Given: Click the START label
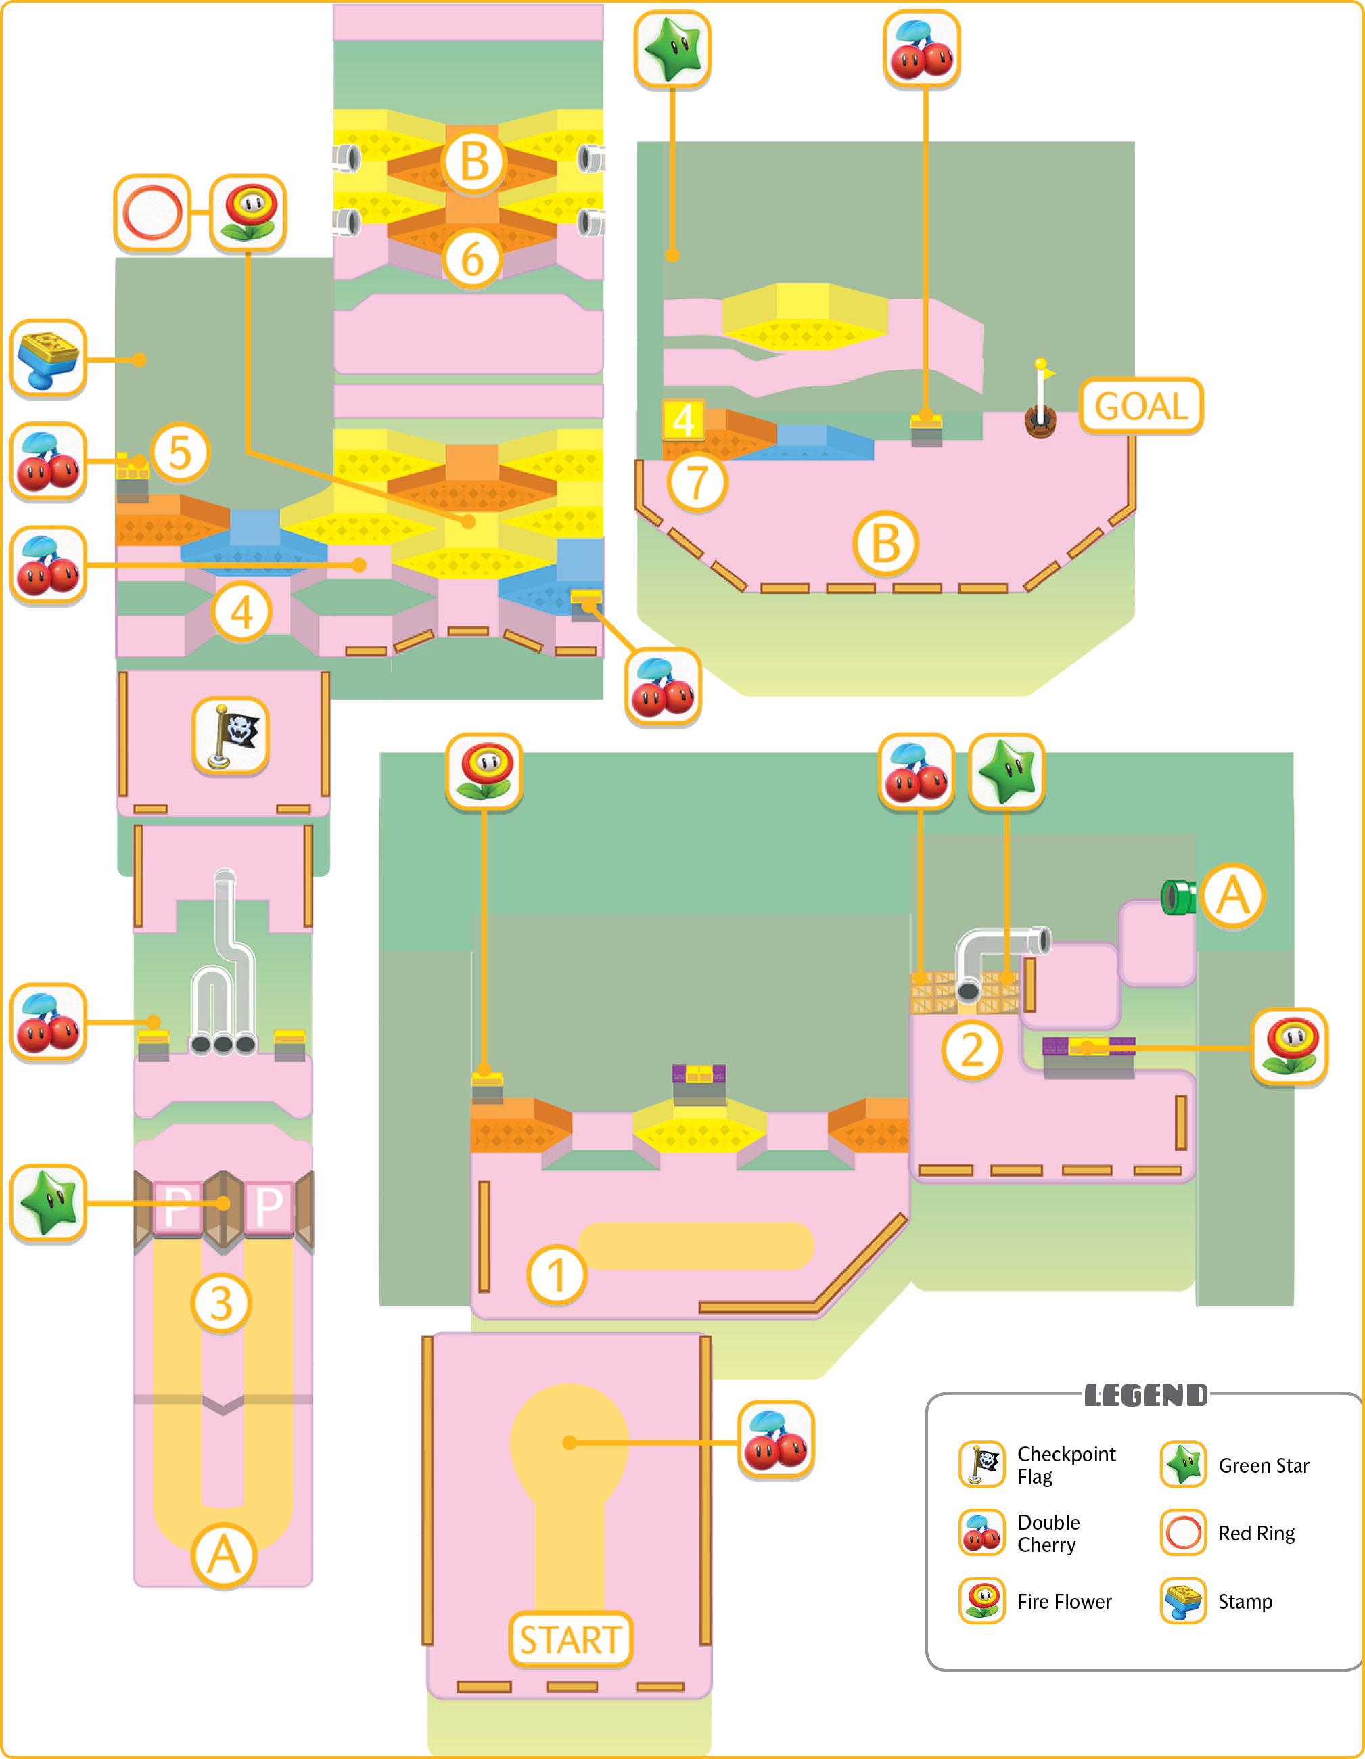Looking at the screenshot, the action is click(570, 1640).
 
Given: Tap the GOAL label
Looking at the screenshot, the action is click(1141, 406).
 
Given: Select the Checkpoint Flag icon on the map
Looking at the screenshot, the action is click(231, 735).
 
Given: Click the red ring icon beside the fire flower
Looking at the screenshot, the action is click(152, 212).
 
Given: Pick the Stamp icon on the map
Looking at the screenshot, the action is click(48, 358).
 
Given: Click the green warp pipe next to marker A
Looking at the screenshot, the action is click(1178, 896).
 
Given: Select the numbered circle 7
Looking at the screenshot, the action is click(697, 482).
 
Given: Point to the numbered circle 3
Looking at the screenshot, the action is click(221, 1303).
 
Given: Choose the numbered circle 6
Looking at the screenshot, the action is click(473, 258).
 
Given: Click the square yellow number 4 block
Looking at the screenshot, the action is click(683, 419).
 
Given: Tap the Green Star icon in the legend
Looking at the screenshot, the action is click(1183, 1464).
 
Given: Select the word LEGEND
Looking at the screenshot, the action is click(1145, 1395).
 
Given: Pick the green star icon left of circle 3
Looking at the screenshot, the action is click(48, 1202).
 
